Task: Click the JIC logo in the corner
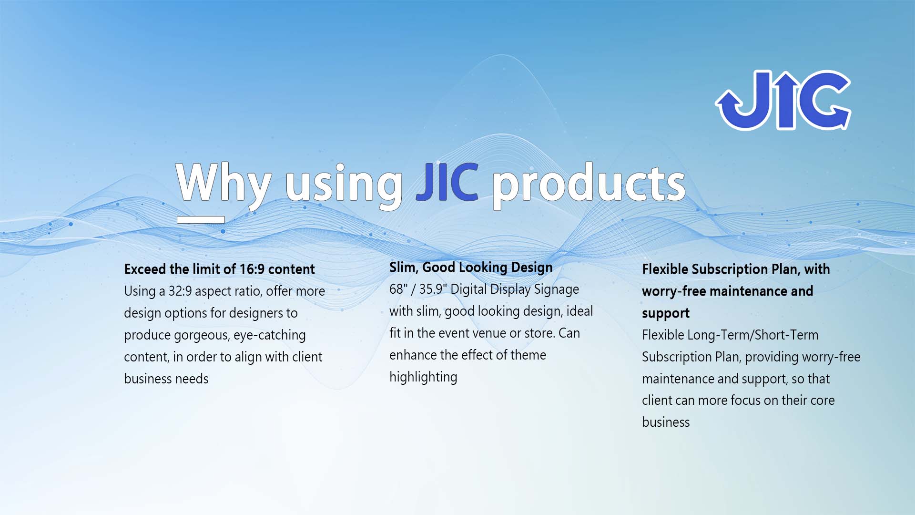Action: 783,100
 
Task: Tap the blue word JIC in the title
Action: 447,182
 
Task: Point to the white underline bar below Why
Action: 201,219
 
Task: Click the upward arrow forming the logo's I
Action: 785,100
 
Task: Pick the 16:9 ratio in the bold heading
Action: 252,269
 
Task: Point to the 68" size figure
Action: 398,289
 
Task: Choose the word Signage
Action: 556,290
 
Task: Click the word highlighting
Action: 423,378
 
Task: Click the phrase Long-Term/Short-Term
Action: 753,335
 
